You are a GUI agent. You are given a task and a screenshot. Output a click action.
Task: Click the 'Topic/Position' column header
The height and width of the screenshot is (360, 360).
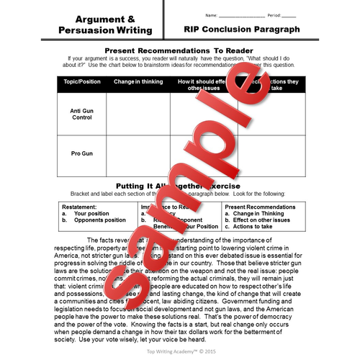(x=81, y=82)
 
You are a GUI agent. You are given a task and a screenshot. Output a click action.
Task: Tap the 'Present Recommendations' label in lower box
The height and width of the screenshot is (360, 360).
(x=256, y=207)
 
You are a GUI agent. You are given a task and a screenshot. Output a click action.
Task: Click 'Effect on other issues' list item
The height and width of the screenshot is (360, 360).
(x=261, y=220)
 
